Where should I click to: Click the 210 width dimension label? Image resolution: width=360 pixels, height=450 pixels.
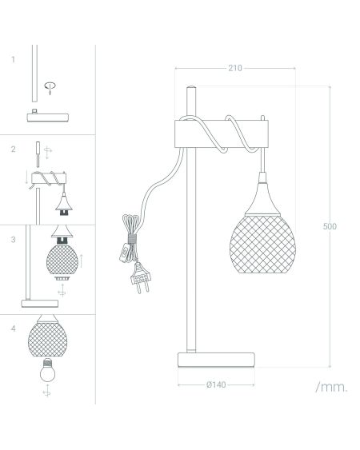[x=235, y=68]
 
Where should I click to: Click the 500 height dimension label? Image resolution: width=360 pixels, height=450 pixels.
[x=330, y=226]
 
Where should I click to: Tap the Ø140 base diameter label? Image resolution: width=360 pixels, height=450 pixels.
[x=216, y=384]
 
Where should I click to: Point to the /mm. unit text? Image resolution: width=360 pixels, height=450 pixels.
[x=331, y=387]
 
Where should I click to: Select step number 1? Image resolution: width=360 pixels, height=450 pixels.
[x=13, y=60]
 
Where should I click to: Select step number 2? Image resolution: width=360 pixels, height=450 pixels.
[x=14, y=149]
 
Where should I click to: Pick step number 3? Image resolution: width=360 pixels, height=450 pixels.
[x=14, y=239]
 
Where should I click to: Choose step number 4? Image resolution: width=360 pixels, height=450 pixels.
[x=14, y=329]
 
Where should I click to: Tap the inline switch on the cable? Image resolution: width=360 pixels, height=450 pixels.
[x=125, y=253]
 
